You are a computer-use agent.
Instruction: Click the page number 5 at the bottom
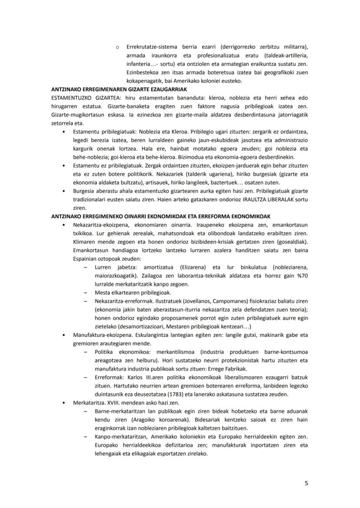[306, 482]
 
